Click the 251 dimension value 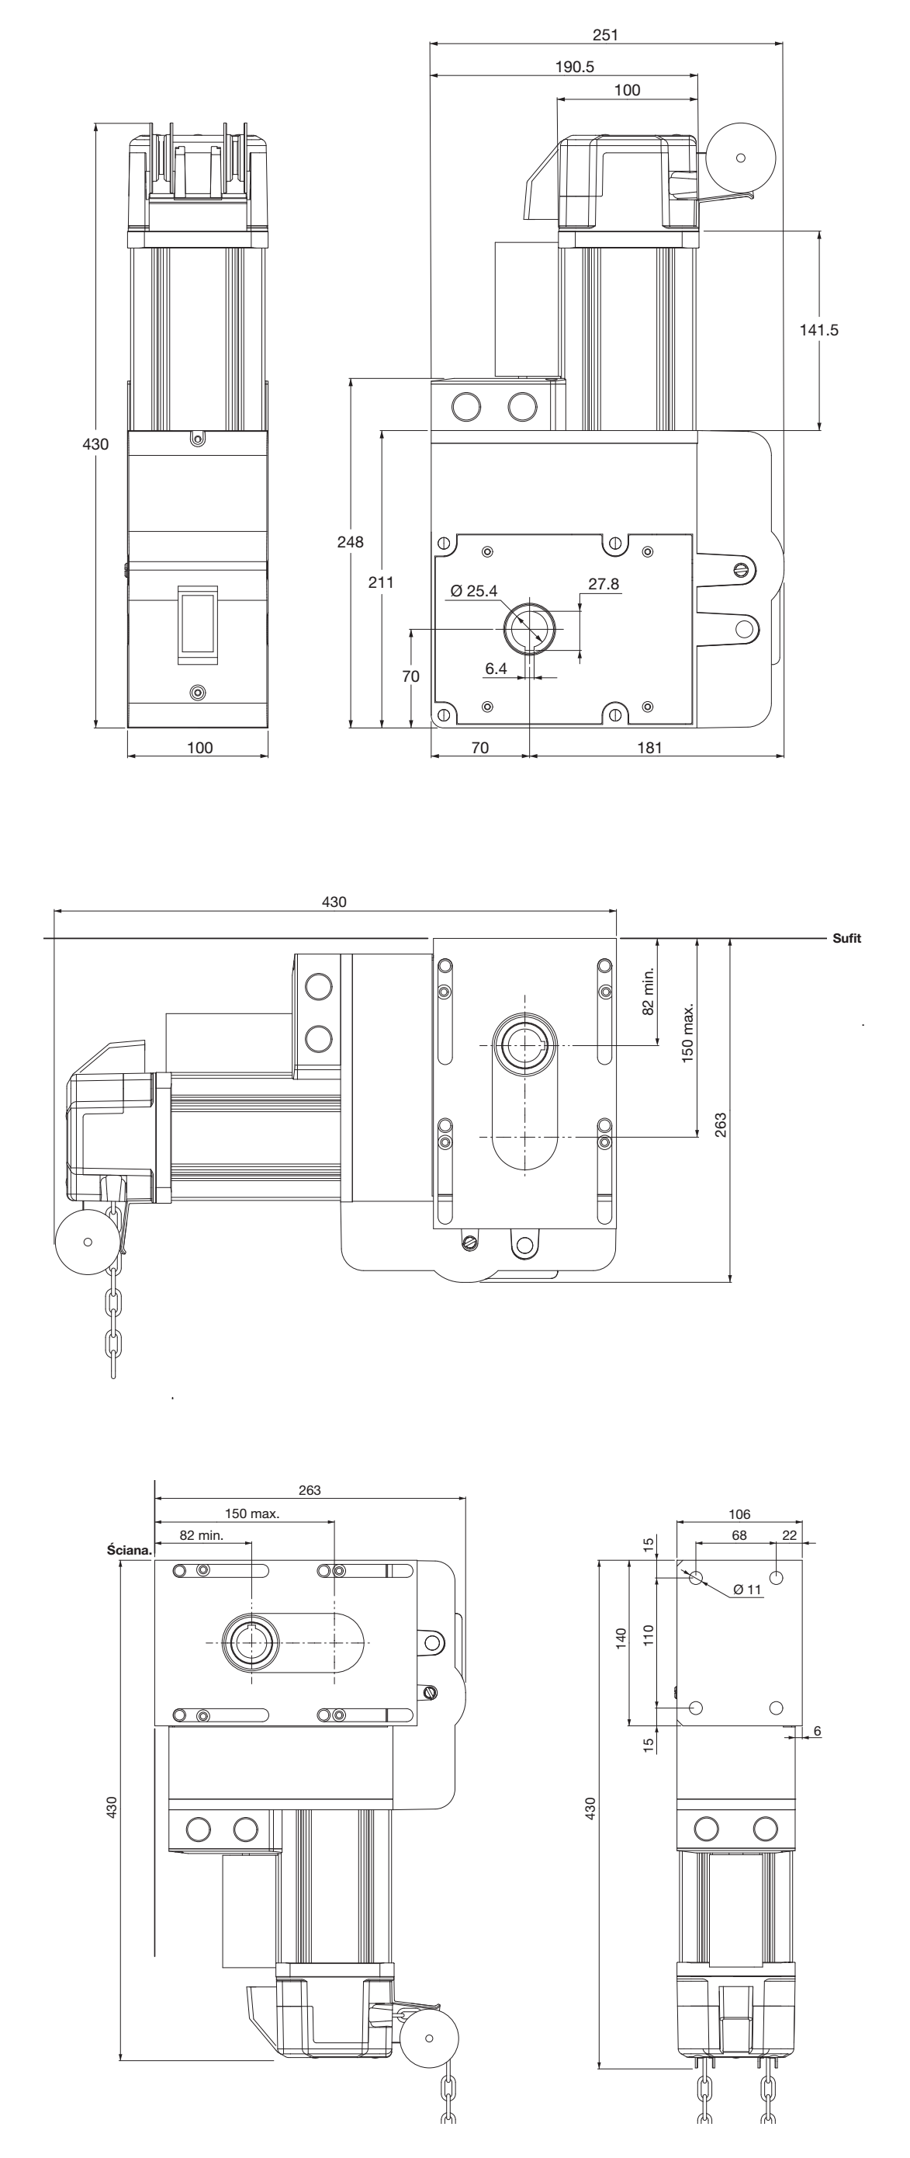coord(605,34)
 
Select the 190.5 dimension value coord(574,67)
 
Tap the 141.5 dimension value coord(818,330)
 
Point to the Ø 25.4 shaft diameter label coord(474,591)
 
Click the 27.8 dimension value coord(604,584)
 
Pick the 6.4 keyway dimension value coord(496,669)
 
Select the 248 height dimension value coord(350,542)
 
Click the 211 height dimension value coord(381,582)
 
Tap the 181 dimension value coord(649,748)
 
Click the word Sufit coord(846,938)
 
